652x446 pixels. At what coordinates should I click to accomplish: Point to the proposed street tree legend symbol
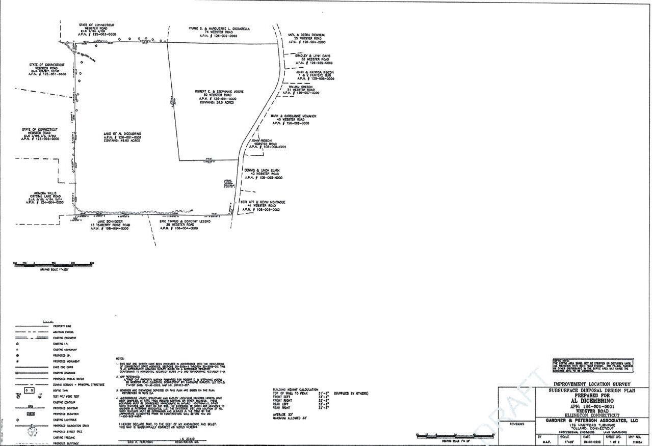[x=33, y=431]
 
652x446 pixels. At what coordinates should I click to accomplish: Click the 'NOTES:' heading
[x=120, y=358]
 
